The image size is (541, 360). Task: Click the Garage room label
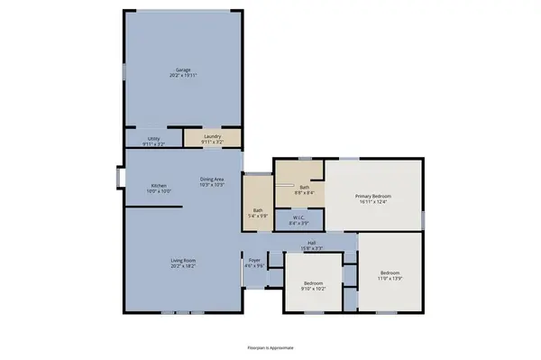(x=183, y=69)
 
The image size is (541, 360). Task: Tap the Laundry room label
(x=212, y=136)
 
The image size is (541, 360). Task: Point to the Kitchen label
(x=159, y=186)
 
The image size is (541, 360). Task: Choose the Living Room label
(x=183, y=261)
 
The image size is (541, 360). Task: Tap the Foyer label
(x=255, y=260)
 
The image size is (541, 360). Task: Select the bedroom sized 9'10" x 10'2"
(x=314, y=286)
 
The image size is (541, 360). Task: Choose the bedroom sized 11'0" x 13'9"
(x=390, y=276)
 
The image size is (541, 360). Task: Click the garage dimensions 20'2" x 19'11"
(x=183, y=75)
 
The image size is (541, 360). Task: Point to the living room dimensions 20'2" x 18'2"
(x=183, y=267)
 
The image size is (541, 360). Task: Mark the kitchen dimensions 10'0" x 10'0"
(x=159, y=192)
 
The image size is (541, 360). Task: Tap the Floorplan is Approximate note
(x=270, y=346)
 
